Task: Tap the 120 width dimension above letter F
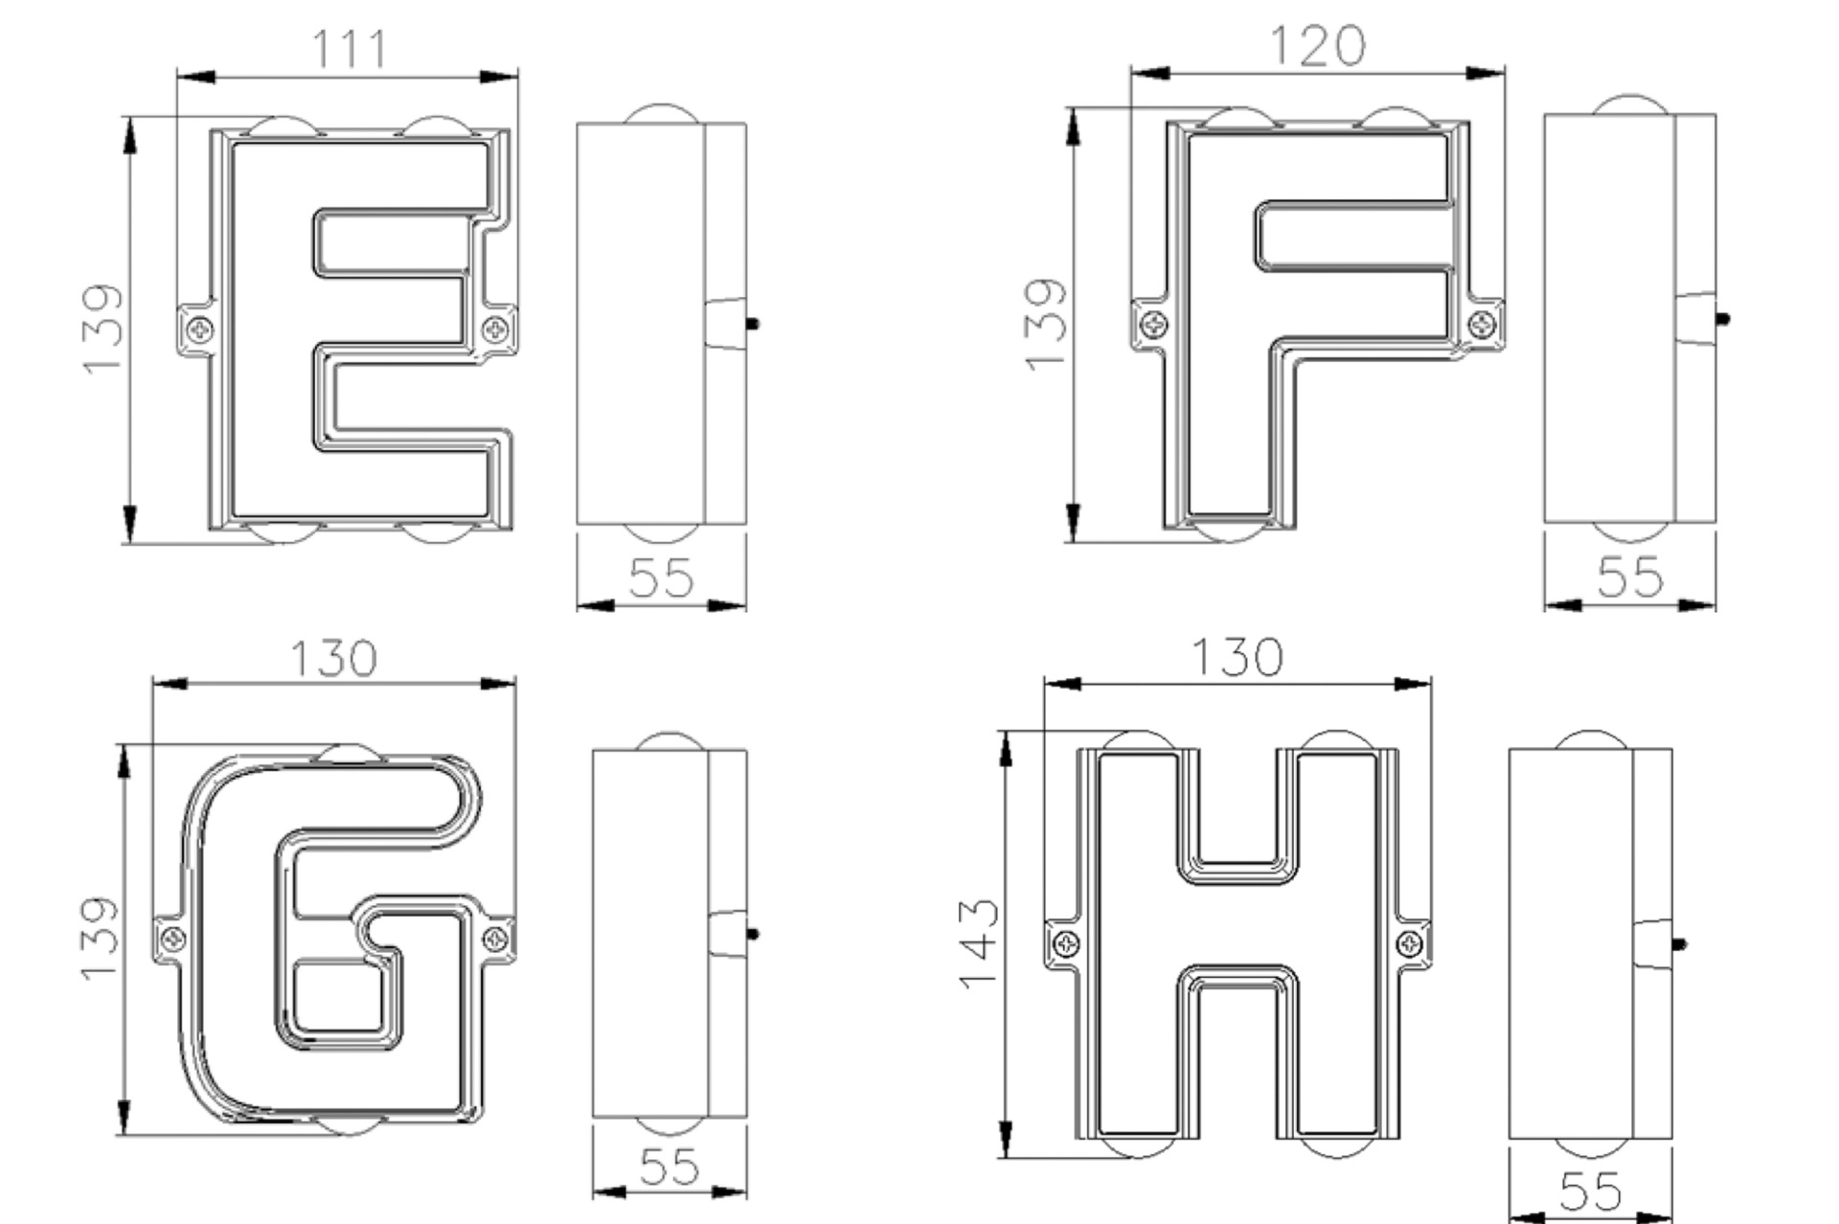point(1317,45)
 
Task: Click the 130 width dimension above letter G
point(333,658)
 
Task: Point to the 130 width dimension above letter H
point(1236,657)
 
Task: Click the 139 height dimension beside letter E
point(103,329)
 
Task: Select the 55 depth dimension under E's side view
point(661,577)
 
